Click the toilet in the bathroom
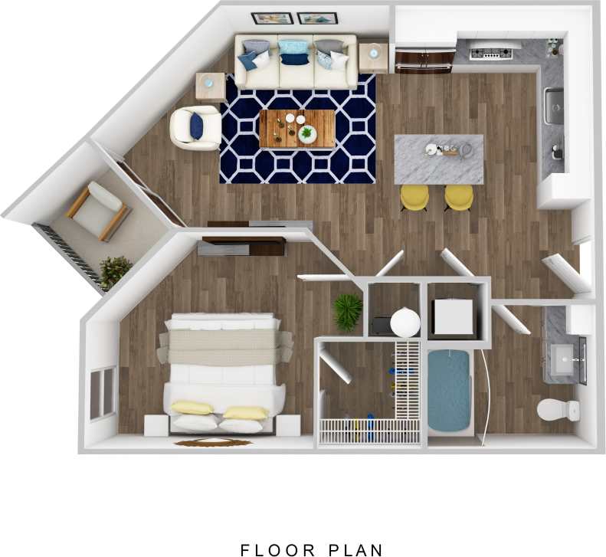[555, 409]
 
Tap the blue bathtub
[448, 390]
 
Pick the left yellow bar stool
[414, 197]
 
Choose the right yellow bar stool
[459, 197]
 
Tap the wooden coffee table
[296, 129]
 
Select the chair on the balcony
[97, 210]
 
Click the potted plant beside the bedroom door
[348, 311]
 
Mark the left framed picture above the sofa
[272, 18]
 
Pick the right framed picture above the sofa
[317, 18]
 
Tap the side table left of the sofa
[210, 85]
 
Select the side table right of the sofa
[373, 57]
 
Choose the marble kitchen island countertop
[439, 159]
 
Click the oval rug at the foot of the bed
[213, 442]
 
